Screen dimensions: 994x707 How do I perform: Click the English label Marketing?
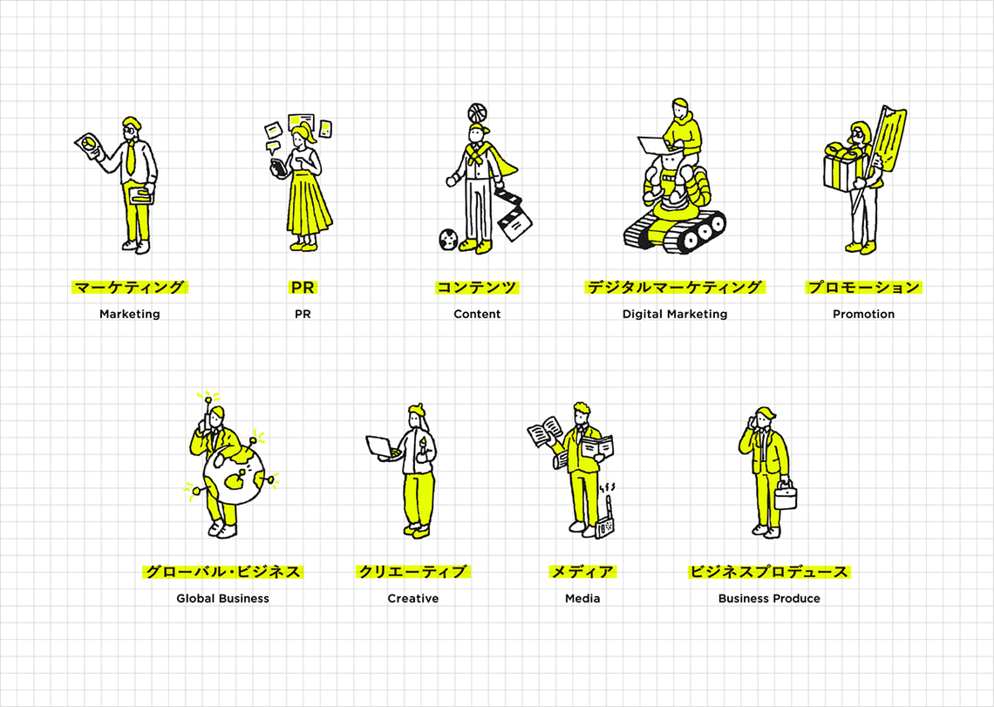click(x=129, y=314)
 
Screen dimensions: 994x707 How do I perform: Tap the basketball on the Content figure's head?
click(x=477, y=113)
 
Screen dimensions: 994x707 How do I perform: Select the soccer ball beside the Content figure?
click(x=448, y=239)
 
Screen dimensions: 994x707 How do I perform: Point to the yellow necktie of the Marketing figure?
click(x=130, y=159)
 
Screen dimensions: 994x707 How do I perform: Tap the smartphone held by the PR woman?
click(x=278, y=168)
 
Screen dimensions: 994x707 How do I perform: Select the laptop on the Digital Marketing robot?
click(x=652, y=146)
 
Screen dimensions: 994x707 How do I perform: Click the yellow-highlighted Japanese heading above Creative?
click(x=412, y=572)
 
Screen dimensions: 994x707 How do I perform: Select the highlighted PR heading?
click(x=303, y=287)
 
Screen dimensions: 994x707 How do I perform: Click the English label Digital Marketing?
click(x=675, y=314)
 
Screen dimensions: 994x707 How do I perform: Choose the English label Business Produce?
click(x=769, y=599)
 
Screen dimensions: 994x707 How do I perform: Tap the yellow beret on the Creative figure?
click(x=417, y=408)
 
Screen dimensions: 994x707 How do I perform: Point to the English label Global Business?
click(x=222, y=599)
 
